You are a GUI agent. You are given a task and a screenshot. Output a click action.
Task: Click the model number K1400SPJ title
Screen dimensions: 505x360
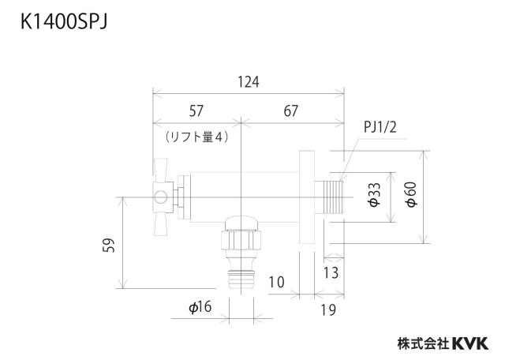64,22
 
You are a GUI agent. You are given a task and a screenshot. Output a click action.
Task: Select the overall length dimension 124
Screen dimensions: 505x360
249,82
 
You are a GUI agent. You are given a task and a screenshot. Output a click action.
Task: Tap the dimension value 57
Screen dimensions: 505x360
196,111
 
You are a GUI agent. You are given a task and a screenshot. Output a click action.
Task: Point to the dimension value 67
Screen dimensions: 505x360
291,111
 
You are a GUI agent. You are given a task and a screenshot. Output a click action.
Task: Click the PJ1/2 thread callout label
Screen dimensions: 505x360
380,127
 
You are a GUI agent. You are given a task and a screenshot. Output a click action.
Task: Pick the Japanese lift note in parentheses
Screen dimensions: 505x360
196,137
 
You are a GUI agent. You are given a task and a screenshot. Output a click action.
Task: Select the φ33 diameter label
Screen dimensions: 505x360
374,194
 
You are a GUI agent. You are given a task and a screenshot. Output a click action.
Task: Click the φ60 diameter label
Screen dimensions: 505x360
411,194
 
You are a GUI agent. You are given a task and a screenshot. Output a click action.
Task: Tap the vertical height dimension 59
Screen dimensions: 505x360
109,246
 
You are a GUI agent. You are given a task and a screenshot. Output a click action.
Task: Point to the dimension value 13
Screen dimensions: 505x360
331,272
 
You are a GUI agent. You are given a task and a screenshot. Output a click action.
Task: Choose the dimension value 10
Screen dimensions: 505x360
277,282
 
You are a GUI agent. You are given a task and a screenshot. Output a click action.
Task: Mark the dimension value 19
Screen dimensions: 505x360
328,309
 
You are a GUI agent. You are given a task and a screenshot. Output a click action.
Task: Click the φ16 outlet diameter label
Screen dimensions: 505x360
200,307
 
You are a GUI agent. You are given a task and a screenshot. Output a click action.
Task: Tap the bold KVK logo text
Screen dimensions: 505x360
470,343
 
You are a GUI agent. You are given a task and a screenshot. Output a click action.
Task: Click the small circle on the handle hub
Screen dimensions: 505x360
160,197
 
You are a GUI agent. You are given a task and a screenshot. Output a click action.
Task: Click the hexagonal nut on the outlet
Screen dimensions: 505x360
241,240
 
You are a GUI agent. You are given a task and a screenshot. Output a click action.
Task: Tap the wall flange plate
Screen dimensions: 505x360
307,197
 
